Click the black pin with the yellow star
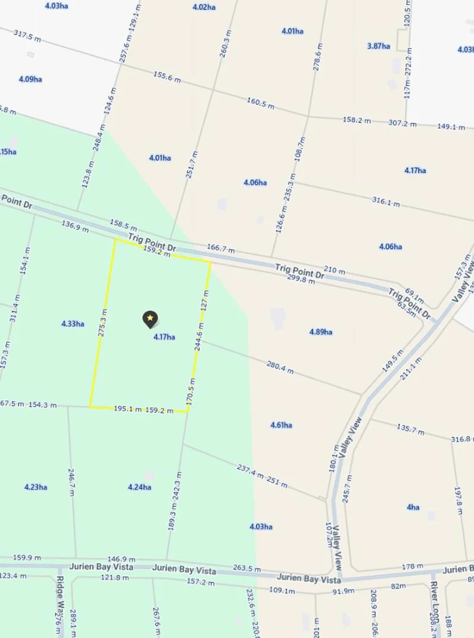pyautogui.click(x=150, y=320)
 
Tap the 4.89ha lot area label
pyautogui.click(x=321, y=332)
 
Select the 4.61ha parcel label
pyautogui.click(x=281, y=425)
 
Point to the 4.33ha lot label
pyautogui.click(x=73, y=324)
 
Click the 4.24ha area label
pyautogui.click(x=140, y=487)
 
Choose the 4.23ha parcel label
pyautogui.click(x=36, y=487)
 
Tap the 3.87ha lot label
pyautogui.click(x=379, y=46)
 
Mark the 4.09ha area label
pyautogui.click(x=30, y=79)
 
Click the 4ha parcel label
pyautogui.click(x=413, y=507)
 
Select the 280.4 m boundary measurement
pyautogui.click(x=280, y=367)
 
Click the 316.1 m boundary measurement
pyautogui.click(x=385, y=202)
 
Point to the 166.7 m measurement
pyautogui.click(x=221, y=249)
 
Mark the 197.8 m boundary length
pyautogui.click(x=458, y=496)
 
